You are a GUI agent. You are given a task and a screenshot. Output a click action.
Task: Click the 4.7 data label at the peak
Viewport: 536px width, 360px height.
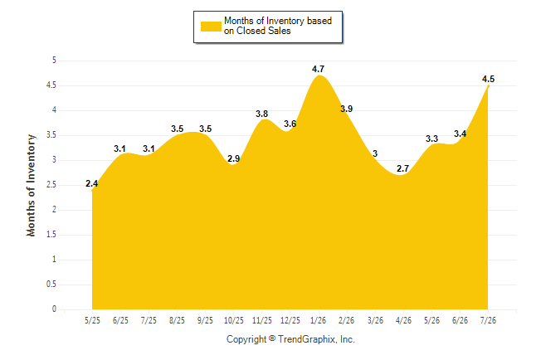[318, 69]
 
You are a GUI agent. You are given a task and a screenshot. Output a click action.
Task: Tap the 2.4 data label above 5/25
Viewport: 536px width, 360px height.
[91, 183]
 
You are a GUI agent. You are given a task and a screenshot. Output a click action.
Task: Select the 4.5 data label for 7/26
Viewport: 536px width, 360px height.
[488, 79]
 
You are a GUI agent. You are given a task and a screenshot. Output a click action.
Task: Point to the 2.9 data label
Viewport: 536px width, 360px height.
[233, 158]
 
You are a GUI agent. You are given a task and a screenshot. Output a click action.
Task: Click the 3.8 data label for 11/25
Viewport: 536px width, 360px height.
[262, 114]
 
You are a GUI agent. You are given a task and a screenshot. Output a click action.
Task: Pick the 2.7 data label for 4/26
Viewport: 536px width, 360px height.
[402, 168]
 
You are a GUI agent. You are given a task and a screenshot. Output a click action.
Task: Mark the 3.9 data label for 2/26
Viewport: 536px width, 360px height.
[346, 109]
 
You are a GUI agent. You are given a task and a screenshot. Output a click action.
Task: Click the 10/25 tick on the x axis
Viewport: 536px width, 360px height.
[234, 320]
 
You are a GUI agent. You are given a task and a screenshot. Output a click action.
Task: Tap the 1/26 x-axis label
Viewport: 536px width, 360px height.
[319, 320]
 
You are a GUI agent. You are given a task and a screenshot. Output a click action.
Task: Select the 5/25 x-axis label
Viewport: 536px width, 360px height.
[92, 320]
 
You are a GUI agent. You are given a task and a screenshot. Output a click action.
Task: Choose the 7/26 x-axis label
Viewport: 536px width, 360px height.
[488, 320]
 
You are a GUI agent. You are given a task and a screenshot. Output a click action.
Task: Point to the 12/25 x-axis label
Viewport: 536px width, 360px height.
[290, 320]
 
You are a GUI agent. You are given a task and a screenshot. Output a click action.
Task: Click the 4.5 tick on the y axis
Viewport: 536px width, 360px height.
[51, 85]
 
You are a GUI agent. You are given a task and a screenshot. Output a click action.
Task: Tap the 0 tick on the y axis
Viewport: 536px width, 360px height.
[54, 309]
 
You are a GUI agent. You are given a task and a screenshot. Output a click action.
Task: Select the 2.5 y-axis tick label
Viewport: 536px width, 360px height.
[51, 185]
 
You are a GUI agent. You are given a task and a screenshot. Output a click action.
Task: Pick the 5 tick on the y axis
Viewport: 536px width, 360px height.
[54, 61]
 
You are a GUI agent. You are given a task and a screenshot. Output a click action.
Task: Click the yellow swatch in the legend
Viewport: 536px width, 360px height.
[211, 27]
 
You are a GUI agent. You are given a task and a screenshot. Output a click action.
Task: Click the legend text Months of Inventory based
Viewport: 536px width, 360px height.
[278, 21]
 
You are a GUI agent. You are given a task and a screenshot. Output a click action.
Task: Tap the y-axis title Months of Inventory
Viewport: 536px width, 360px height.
[31, 185]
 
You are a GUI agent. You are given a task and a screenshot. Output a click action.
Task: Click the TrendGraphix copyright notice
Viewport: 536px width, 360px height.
[290, 339]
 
